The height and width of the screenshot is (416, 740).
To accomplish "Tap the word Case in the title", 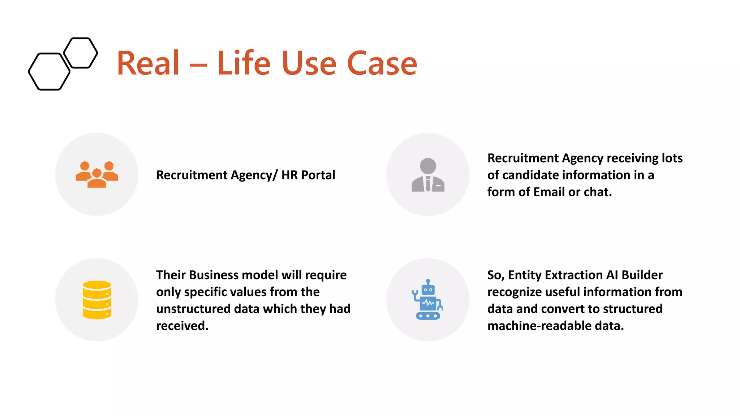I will (382, 64).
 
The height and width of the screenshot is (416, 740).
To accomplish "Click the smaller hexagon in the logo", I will (81, 53).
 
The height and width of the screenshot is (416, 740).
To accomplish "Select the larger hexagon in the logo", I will (49, 71).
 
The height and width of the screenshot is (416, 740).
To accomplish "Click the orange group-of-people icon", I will (96, 174).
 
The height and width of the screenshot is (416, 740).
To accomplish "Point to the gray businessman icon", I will (428, 175).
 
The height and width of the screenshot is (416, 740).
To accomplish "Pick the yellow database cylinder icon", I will (96, 300).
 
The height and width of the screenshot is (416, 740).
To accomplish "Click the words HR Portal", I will (308, 175).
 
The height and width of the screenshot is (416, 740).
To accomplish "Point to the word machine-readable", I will (539, 326).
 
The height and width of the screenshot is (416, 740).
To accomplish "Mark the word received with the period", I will (182, 326).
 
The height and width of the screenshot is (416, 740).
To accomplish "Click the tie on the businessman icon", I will (428, 183).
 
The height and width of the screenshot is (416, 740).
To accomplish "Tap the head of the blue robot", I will (428, 289).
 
